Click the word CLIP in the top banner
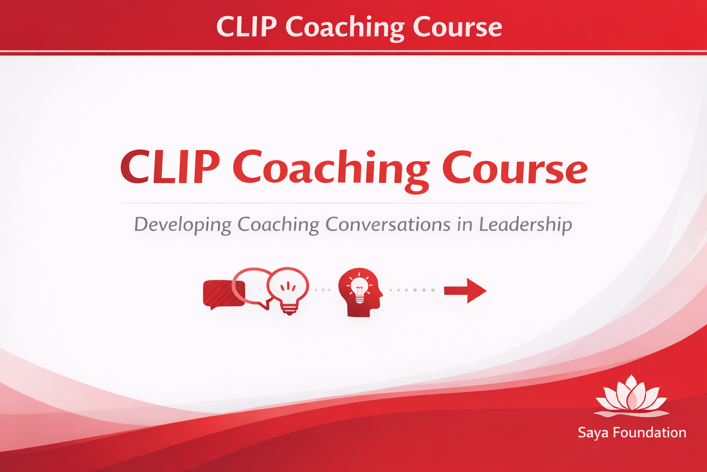click(247, 27)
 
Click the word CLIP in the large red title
click(170, 166)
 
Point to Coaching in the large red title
click(331, 171)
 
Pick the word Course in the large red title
click(515, 168)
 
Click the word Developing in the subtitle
click(183, 225)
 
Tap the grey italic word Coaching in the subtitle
click(278, 225)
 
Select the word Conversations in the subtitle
click(388, 224)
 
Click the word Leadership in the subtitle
click(526, 225)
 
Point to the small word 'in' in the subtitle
click(465, 225)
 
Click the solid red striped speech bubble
click(223, 295)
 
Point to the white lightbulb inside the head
click(359, 289)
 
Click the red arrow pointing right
click(465, 290)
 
